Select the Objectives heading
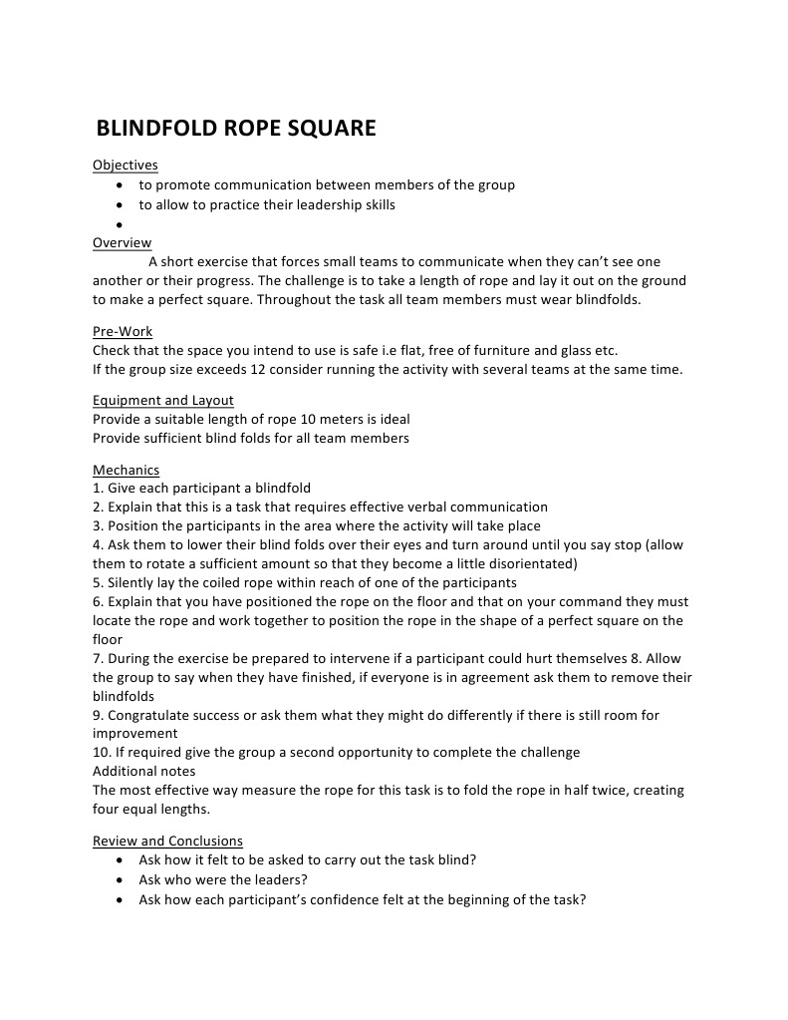click(x=125, y=166)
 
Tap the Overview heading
click(x=122, y=242)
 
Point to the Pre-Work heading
click(x=123, y=331)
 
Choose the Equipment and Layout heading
click(x=162, y=401)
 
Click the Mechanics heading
click(x=126, y=470)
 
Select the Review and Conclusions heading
click(x=167, y=841)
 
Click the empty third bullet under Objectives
click(x=121, y=224)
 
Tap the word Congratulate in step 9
click(x=151, y=716)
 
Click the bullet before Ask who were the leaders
click(x=121, y=880)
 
